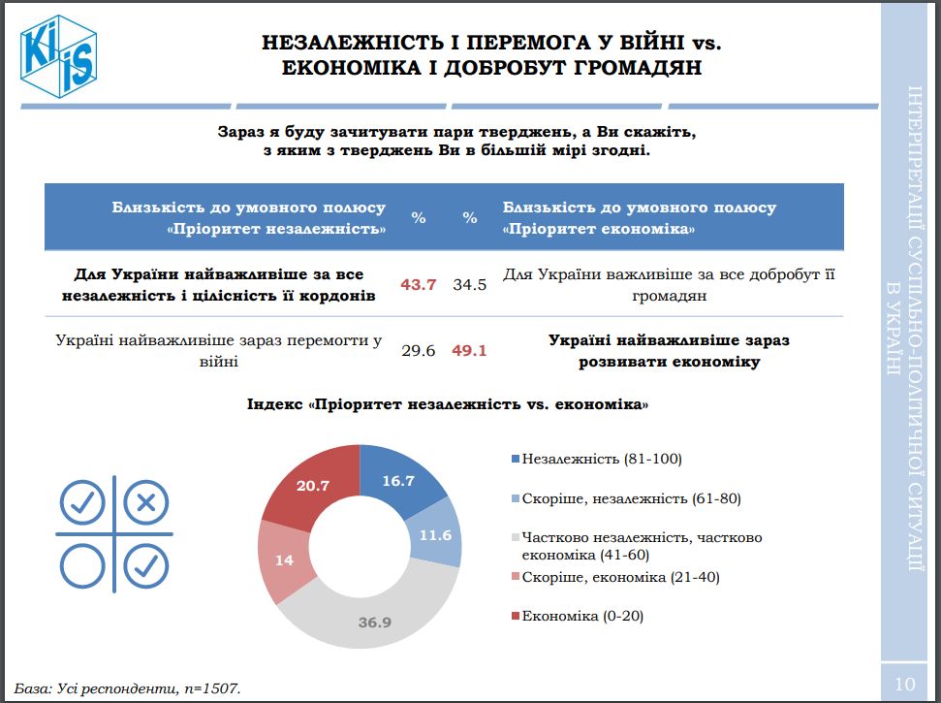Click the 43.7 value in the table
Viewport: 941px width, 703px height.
pos(419,285)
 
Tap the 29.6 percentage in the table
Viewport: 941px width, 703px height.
pos(419,351)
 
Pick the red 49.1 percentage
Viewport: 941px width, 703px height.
pos(469,351)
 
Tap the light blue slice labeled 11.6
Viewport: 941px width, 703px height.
pos(436,533)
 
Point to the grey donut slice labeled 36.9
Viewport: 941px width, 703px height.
pos(373,621)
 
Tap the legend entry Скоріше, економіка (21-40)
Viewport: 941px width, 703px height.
pos(619,577)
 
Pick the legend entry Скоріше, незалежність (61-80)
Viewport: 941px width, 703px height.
pos(630,498)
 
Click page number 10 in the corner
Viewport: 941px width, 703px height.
pos(904,684)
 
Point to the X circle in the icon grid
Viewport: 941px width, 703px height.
pos(146,502)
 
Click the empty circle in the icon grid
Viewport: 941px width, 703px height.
pos(83,564)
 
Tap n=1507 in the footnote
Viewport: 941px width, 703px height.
pos(207,688)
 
